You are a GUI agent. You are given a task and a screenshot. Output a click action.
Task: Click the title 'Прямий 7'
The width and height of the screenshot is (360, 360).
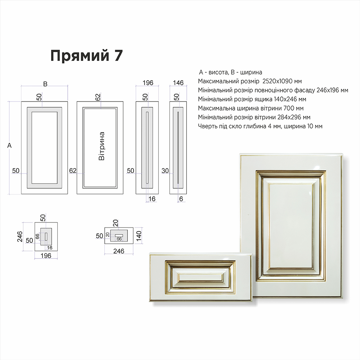(86, 56)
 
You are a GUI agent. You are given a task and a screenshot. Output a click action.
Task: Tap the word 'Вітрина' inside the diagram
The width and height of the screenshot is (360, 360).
(102, 146)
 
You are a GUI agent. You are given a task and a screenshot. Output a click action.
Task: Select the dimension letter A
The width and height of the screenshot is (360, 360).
(9, 145)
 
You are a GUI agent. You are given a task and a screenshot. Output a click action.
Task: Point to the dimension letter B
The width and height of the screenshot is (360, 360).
(45, 84)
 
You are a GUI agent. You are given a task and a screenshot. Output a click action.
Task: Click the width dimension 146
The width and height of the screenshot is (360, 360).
(178, 83)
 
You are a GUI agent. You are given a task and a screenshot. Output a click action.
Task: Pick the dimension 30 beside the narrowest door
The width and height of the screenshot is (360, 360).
(165, 171)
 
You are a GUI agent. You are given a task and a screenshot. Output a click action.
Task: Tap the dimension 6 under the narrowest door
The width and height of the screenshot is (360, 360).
(181, 199)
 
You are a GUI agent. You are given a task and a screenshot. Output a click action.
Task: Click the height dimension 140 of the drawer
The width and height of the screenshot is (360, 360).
(139, 236)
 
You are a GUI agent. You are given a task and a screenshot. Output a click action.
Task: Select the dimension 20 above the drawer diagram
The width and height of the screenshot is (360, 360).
(116, 223)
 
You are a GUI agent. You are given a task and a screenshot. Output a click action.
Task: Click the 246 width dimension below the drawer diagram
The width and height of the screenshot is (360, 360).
(119, 251)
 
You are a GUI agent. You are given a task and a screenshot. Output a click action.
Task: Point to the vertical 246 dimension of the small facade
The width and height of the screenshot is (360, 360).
(20, 237)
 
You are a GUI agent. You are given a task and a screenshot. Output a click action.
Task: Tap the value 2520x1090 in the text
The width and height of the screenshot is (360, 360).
(279, 81)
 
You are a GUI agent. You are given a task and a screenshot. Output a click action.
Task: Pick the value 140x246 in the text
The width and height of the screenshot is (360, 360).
(285, 99)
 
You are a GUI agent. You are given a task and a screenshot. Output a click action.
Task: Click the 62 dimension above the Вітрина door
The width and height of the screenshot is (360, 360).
(98, 97)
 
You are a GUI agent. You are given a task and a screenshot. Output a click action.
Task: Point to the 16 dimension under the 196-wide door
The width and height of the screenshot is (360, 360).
(152, 199)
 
